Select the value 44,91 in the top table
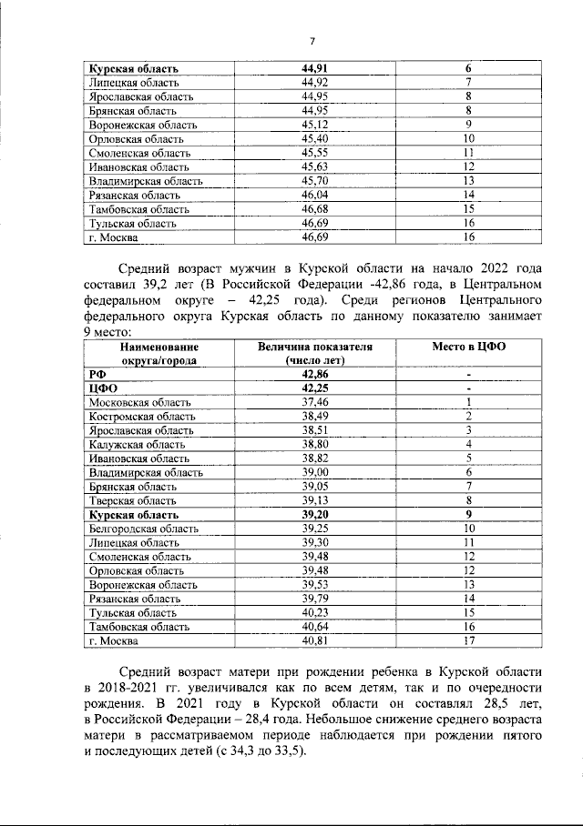coord(314,68)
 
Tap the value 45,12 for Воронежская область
coord(314,125)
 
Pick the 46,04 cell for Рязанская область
coord(314,195)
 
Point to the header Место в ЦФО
coord(468,348)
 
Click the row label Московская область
coord(140,402)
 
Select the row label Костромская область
coord(143,416)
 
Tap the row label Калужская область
coord(138,444)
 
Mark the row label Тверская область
coord(133,500)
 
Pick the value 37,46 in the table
coord(314,402)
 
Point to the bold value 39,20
coord(314,514)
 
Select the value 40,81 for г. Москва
coord(314,640)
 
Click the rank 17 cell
coord(468,640)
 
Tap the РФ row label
coord(97,374)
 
